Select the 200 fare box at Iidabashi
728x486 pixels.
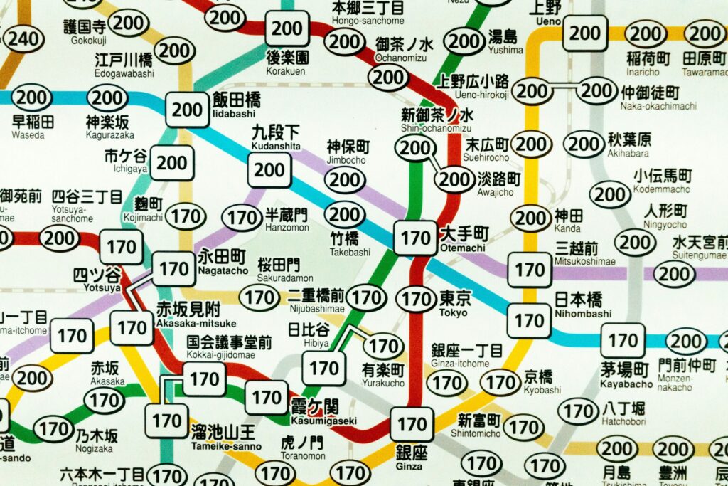[188, 110]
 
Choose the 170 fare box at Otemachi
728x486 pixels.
[414, 238]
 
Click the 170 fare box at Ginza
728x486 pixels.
[412, 425]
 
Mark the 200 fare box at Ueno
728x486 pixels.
[585, 33]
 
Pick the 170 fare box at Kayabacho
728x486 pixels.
[623, 341]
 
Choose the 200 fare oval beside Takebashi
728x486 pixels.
[345, 214]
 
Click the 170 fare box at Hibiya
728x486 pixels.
[324, 368]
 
